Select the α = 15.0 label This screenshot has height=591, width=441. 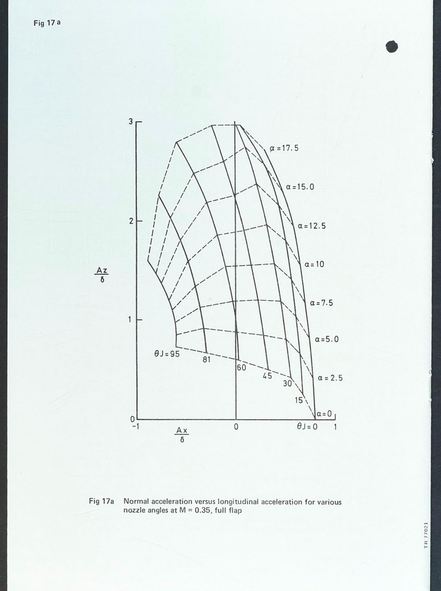click(300, 187)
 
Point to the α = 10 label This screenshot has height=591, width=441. click(314, 264)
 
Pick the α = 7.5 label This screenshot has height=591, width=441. click(322, 303)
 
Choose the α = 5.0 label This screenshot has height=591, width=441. click(326, 340)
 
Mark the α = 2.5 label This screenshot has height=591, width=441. click(330, 378)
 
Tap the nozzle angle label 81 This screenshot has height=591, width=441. click(207, 359)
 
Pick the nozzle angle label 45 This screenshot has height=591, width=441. click(267, 376)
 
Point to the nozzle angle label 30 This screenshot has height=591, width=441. click(288, 383)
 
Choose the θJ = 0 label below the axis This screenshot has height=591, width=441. click(307, 426)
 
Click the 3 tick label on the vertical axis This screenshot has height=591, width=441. click(131, 121)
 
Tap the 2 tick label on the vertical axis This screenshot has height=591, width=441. click(131, 220)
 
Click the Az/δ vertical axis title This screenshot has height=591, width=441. click(102, 275)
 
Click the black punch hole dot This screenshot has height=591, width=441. click(392, 47)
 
